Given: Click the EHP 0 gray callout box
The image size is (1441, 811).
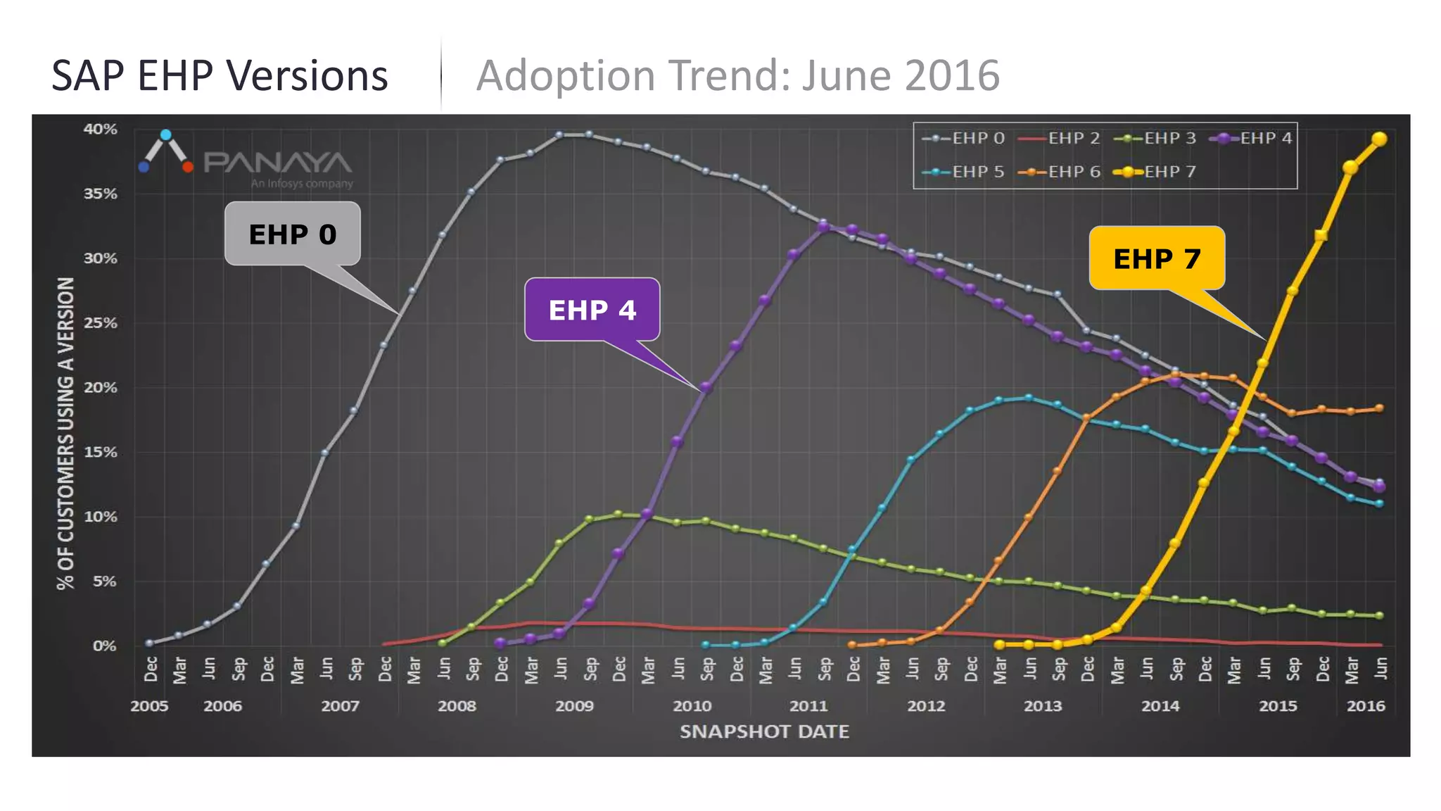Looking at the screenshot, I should pyautogui.click(x=292, y=234).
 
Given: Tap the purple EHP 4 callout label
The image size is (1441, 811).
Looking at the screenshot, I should pyautogui.click(x=592, y=310).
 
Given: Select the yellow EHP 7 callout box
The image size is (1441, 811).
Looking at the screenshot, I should pyautogui.click(x=1157, y=258).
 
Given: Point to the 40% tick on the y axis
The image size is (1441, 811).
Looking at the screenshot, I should pyautogui.click(x=101, y=130).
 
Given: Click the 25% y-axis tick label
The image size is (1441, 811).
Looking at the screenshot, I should pyautogui.click(x=101, y=323).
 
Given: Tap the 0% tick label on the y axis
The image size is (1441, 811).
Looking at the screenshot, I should pyautogui.click(x=105, y=646).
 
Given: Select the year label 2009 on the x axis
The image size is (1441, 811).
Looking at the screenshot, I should pyautogui.click(x=574, y=706).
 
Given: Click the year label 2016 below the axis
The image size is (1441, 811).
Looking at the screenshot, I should pyautogui.click(x=1365, y=706).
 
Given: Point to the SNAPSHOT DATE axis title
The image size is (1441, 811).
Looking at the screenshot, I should pyautogui.click(x=764, y=732).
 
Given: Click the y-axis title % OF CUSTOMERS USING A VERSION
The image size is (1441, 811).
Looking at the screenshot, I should pyautogui.click(x=65, y=433).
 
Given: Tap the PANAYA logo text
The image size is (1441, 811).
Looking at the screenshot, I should pyautogui.click(x=277, y=163).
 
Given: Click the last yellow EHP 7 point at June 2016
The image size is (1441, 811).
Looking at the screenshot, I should pyautogui.click(x=1379, y=139).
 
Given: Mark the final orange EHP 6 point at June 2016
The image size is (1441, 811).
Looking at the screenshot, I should pyautogui.click(x=1379, y=408).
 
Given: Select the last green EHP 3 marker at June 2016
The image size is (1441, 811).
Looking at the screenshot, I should pyautogui.click(x=1379, y=615).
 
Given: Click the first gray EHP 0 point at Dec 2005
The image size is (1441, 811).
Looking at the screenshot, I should pyautogui.click(x=149, y=643).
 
